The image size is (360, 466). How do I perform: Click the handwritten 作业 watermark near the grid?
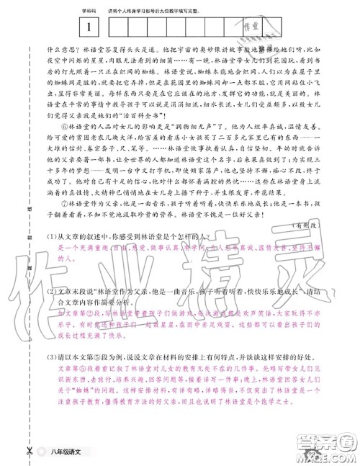[x=247, y=27]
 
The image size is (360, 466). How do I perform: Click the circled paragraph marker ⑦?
[x=70, y=203]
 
